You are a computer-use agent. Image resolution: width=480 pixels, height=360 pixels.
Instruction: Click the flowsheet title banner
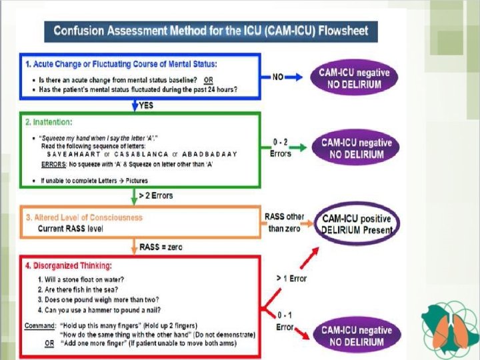pos(210,31)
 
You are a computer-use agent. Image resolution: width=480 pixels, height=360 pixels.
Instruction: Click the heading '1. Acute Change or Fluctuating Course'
pos(121,65)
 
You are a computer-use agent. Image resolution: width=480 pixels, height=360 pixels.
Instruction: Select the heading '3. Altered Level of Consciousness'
pos(84,217)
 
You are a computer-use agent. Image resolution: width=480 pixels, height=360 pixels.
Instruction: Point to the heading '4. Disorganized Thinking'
pos(69,265)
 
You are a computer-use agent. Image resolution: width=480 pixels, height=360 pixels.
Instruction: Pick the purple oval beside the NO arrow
pos(354,79)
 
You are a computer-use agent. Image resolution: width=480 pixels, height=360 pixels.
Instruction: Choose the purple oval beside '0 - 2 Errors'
pos(355,148)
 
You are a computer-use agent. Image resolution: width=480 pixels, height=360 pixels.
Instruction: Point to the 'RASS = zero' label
pos(161,247)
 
